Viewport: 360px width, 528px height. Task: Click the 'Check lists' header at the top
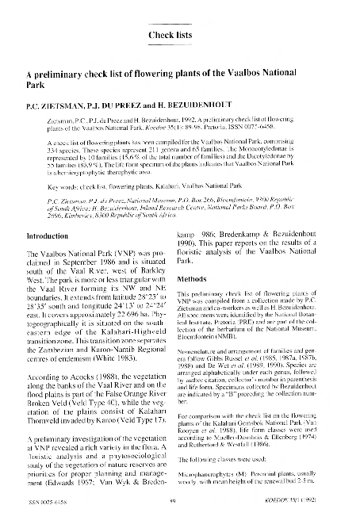(171, 35)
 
